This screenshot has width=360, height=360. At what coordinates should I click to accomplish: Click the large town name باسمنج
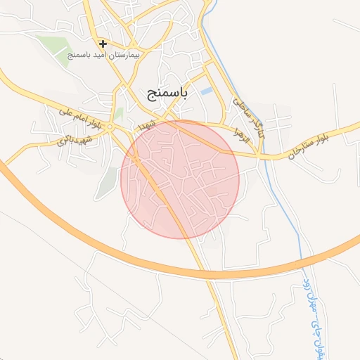(167, 94)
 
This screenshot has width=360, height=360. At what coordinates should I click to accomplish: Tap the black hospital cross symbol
(103, 44)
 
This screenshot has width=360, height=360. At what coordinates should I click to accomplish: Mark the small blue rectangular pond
(206, 91)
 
